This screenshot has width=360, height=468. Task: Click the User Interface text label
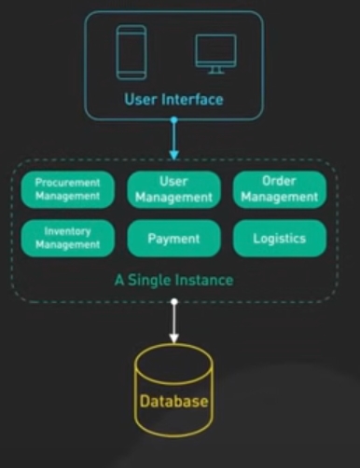point(173,100)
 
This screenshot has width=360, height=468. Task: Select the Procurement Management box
point(67,189)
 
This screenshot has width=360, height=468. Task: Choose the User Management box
point(173,189)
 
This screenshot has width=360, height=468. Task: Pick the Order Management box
point(280,189)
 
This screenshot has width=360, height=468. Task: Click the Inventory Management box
point(67,238)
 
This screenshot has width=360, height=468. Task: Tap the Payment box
point(173,238)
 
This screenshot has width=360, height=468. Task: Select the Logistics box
point(280,238)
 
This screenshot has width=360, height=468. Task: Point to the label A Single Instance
point(173,280)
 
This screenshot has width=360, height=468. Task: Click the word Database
point(173,401)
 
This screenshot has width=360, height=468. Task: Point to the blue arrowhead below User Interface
point(174,155)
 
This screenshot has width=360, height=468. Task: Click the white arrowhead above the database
point(174,338)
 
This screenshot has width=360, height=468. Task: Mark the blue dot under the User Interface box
point(174,119)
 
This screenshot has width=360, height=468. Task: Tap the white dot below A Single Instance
point(174,301)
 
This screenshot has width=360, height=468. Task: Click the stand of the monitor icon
point(215,71)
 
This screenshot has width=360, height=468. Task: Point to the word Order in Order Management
point(279,181)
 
